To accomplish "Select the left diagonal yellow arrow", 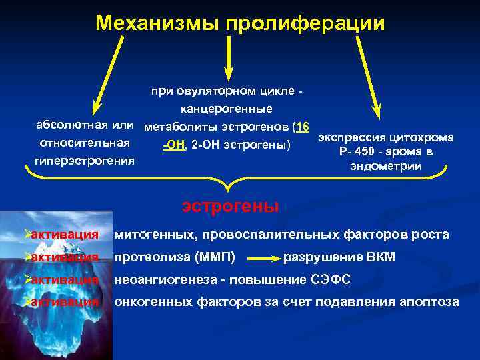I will pyautogui.click(x=107, y=73).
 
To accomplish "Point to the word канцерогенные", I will pyautogui.click(x=226, y=108).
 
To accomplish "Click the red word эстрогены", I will pyautogui.click(x=230, y=205).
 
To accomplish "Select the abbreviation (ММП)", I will pyautogui.click(x=226, y=257).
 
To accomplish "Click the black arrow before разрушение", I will pyautogui.click(x=266, y=257).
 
